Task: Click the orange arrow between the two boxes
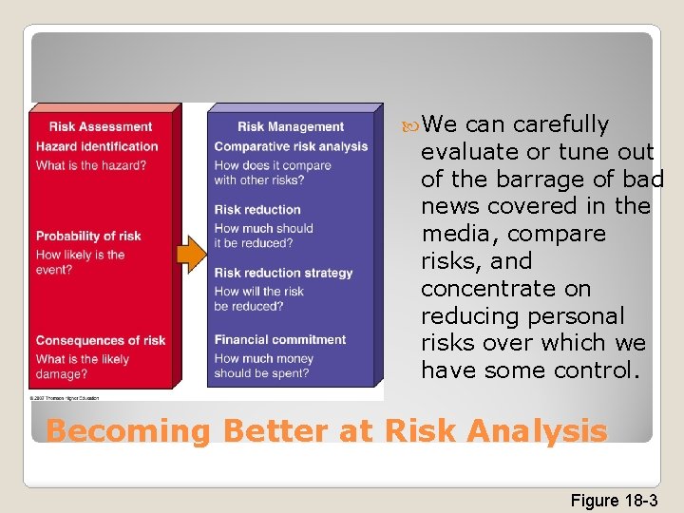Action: pos(192,254)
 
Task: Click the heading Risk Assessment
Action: pos(100,126)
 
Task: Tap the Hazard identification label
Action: pos(97,146)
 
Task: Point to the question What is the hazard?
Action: pos(91,165)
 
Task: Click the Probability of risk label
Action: pos(88,236)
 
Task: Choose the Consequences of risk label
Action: pos(101,340)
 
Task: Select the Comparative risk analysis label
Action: pos(291,146)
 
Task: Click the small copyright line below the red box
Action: pos(72,397)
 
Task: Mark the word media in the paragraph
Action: pos(453,234)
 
